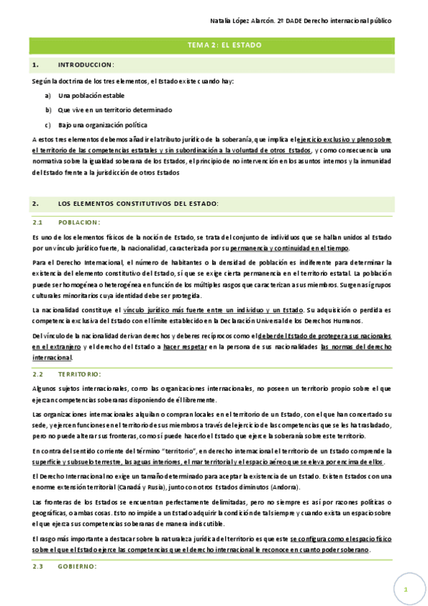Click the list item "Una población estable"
(x=91, y=95)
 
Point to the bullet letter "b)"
(x=49, y=110)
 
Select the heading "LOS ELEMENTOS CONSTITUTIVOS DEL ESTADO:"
(x=139, y=204)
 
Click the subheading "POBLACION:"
(x=79, y=222)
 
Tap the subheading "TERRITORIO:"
(x=80, y=374)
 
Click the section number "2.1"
(x=39, y=222)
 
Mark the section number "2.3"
(x=39, y=567)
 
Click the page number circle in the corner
(x=406, y=590)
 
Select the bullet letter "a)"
(x=48, y=95)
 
